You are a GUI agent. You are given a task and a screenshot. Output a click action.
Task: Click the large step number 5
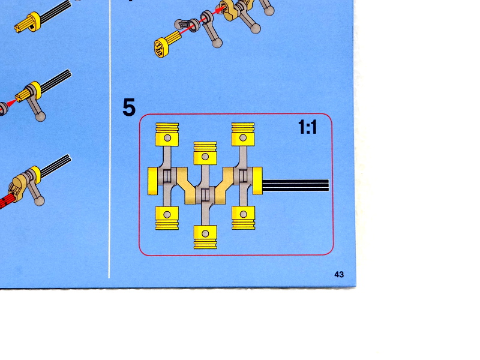(x=129, y=107)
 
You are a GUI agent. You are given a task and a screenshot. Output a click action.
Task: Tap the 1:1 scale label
(x=307, y=127)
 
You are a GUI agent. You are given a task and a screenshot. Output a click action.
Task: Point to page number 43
(x=339, y=274)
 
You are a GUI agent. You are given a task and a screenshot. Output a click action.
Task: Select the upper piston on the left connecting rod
(x=167, y=134)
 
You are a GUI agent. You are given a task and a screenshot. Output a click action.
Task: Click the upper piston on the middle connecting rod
(x=205, y=153)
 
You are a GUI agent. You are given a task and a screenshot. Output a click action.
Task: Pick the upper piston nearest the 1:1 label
(x=243, y=134)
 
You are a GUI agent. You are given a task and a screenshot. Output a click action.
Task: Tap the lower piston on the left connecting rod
(x=167, y=218)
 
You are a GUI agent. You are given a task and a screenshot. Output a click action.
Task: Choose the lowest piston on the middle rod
(x=205, y=237)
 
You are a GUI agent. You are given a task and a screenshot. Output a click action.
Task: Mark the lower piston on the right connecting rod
(x=244, y=218)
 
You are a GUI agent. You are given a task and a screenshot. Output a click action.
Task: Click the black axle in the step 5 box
(x=296, y=185)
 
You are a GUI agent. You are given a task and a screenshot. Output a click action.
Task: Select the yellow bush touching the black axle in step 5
(x=257, y=181)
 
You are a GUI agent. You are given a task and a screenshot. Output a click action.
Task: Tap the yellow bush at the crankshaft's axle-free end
(x=153, y=181)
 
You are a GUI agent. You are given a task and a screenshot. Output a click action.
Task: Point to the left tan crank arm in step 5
(x=186, y=186)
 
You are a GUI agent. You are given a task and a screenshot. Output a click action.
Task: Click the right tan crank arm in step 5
(x=224, y=186)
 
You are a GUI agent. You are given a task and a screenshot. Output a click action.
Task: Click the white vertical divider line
(x=109, y=139)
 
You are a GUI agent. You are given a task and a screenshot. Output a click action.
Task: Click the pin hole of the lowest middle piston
(x=205, y=234)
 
